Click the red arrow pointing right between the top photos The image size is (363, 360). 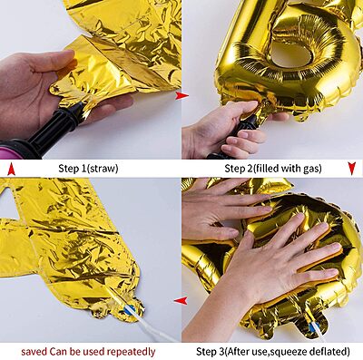(x=181, y=95)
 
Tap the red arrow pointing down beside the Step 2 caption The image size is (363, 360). (x=352, y=169)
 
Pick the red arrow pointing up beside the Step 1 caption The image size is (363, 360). (x=11, y=169)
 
